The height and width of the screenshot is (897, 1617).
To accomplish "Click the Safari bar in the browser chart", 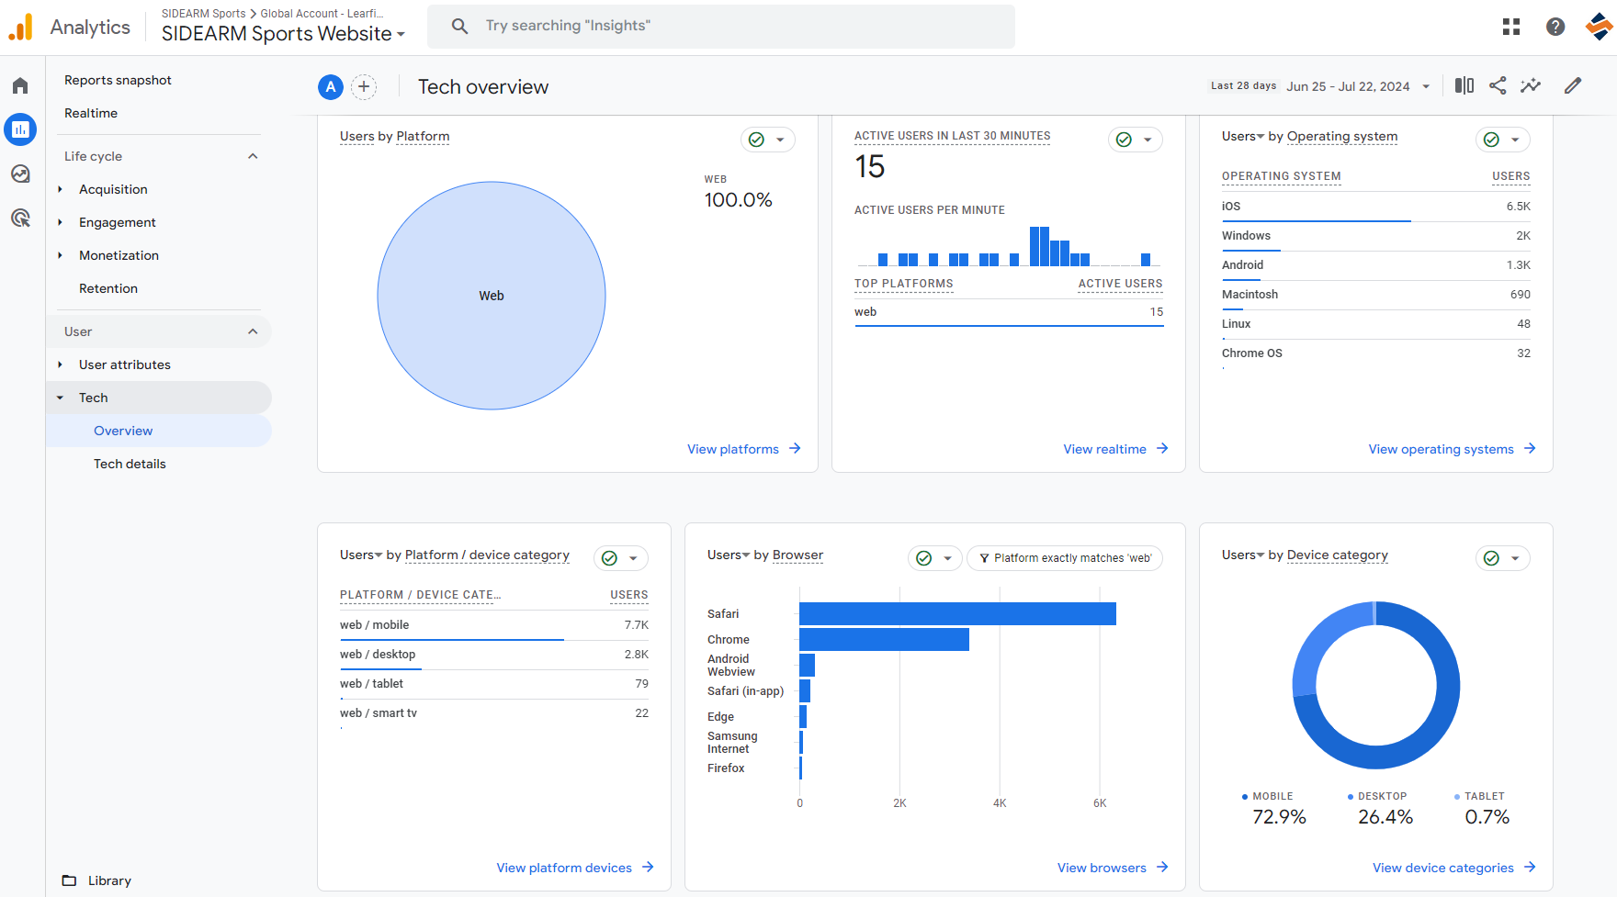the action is tap(957, 613).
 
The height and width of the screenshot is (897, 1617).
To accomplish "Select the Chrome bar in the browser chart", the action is tap(884, 639).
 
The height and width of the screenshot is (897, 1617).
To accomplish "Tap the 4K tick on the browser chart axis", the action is tap(1000, 803).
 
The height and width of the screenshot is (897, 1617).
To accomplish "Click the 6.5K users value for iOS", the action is tap(1518, 207).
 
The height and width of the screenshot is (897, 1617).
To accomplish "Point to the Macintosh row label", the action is tap(1249, 295).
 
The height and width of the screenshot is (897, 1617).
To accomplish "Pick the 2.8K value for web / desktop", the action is tap(636, 655).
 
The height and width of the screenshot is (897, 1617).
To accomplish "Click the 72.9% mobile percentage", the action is tap(1279, 817).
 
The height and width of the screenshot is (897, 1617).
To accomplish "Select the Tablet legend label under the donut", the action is tap(1485, 796).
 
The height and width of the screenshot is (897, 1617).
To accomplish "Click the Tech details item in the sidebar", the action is tap(130, 464).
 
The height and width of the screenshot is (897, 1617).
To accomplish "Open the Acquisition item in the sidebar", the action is tap(113, 189).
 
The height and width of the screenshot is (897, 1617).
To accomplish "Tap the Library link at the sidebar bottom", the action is tap(109, 880).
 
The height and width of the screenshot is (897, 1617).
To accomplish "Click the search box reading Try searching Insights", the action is tap(721, 26).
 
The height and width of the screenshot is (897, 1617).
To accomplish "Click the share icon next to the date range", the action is tap(1498, 85).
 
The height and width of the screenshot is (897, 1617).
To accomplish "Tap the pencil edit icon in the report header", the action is tap(1573, 85).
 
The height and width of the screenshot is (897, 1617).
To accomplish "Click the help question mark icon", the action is tap(1555, 27).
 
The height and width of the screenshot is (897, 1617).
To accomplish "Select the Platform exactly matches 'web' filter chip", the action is tap(1065, 558).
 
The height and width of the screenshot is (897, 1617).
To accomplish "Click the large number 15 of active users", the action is tap(869, 166).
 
